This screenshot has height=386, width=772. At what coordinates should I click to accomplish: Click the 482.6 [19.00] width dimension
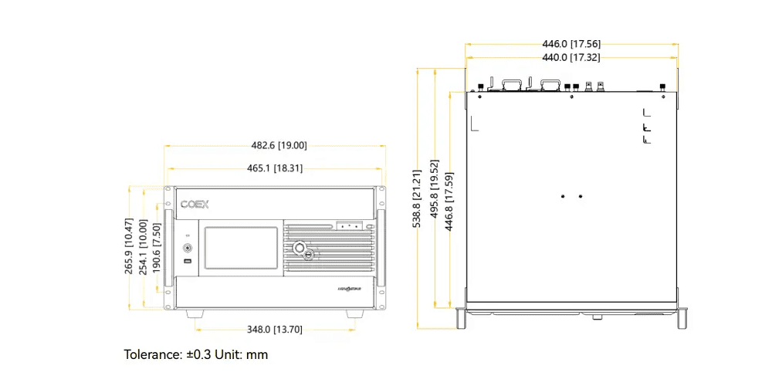pos(279,145)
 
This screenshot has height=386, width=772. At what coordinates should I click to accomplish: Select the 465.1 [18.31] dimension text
pos(275,168)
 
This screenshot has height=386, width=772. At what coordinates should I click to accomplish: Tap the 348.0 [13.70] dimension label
pos(274,330)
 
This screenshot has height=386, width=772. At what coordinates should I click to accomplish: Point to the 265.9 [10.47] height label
pos(129,247)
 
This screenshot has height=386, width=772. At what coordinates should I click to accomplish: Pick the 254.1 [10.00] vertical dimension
pos(143,247)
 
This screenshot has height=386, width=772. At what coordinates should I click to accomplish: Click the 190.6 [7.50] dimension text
pos(156,247)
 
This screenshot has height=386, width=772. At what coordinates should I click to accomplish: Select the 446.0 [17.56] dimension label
pos(571,44)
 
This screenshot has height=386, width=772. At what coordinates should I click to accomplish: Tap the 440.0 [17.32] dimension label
pos(571,58)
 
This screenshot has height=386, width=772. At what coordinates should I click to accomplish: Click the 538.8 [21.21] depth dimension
pos(418,199)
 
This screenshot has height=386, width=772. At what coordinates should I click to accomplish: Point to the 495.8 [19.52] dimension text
pos(434,199)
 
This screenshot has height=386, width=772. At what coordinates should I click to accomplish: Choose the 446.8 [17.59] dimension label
pos(449,199)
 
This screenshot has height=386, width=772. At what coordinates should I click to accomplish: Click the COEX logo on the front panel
pos(195,205)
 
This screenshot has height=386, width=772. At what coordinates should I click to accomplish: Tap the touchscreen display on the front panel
pos(240,249)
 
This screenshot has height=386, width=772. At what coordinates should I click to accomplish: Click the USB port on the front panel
pos(188,264)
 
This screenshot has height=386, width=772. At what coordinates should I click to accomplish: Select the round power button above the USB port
pos(188,249)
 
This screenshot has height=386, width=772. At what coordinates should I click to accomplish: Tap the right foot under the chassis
pos(354,313)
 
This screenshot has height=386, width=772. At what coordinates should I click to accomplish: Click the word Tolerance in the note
pos(153,355)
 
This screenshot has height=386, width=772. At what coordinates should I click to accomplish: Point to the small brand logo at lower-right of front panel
pos(350,289)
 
